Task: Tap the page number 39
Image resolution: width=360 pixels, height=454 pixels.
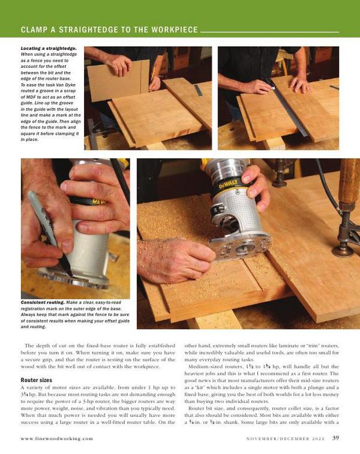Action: pos(335,438)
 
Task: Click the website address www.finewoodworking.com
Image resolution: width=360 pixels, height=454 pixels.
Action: pos(57,438)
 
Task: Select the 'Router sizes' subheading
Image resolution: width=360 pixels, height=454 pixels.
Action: pos(37,380)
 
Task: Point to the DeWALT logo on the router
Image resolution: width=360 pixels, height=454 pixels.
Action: pos(229,184)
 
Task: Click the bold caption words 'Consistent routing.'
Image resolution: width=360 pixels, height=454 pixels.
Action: pos(43,302)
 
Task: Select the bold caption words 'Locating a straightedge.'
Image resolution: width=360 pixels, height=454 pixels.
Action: pos(49,49)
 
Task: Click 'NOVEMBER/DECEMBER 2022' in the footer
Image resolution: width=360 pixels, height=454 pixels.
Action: pos(286,438)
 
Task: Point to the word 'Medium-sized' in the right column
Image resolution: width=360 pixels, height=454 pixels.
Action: pos(204,366)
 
